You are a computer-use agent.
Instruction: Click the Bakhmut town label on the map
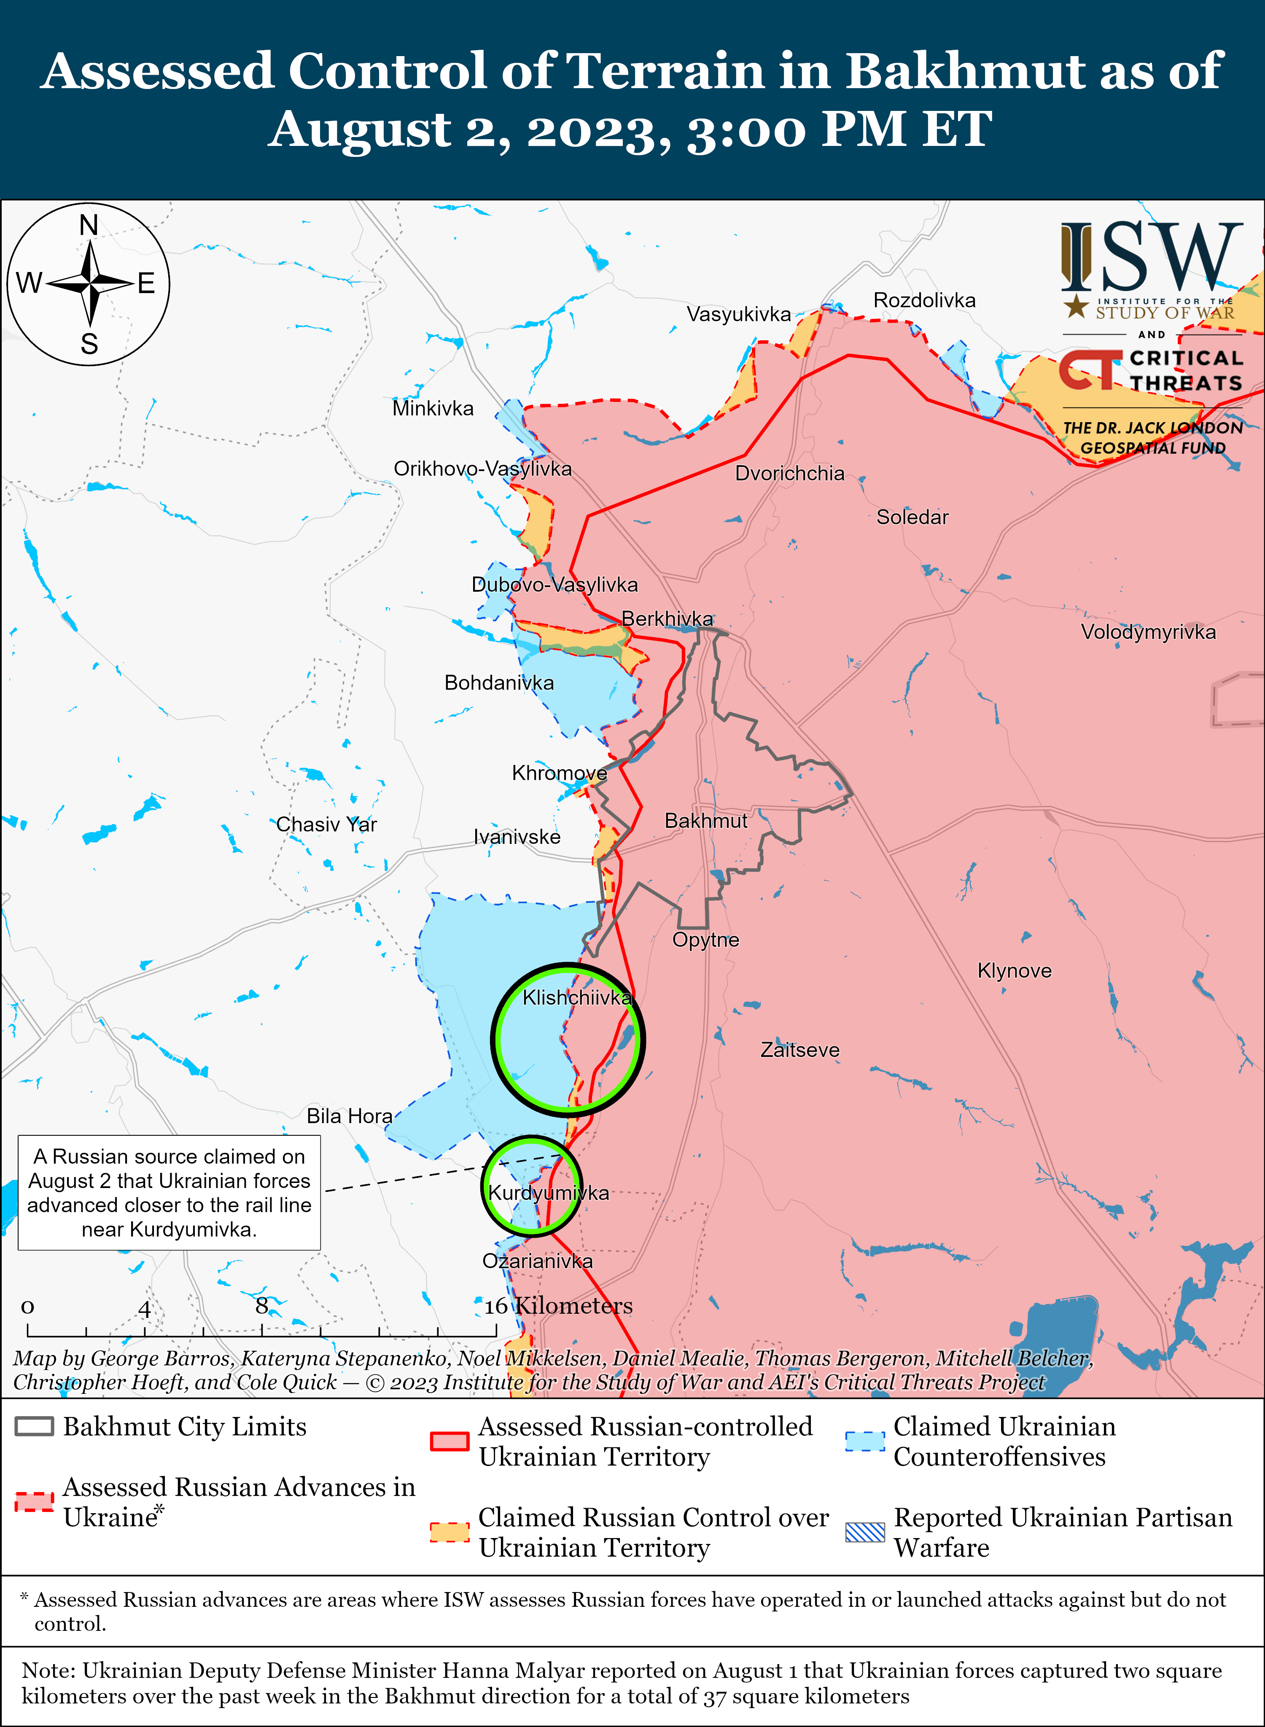(705, 821)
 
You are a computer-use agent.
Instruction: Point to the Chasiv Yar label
(326, 825)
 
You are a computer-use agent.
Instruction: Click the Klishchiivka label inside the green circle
(576, 998)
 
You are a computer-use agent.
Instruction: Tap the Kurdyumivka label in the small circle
(548, 1193)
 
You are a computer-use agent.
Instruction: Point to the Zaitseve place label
(799, 1050)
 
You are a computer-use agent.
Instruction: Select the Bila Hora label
(349, 1117)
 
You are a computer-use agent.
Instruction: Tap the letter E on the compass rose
(146, 284)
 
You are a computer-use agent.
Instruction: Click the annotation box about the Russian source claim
(169, 1192)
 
